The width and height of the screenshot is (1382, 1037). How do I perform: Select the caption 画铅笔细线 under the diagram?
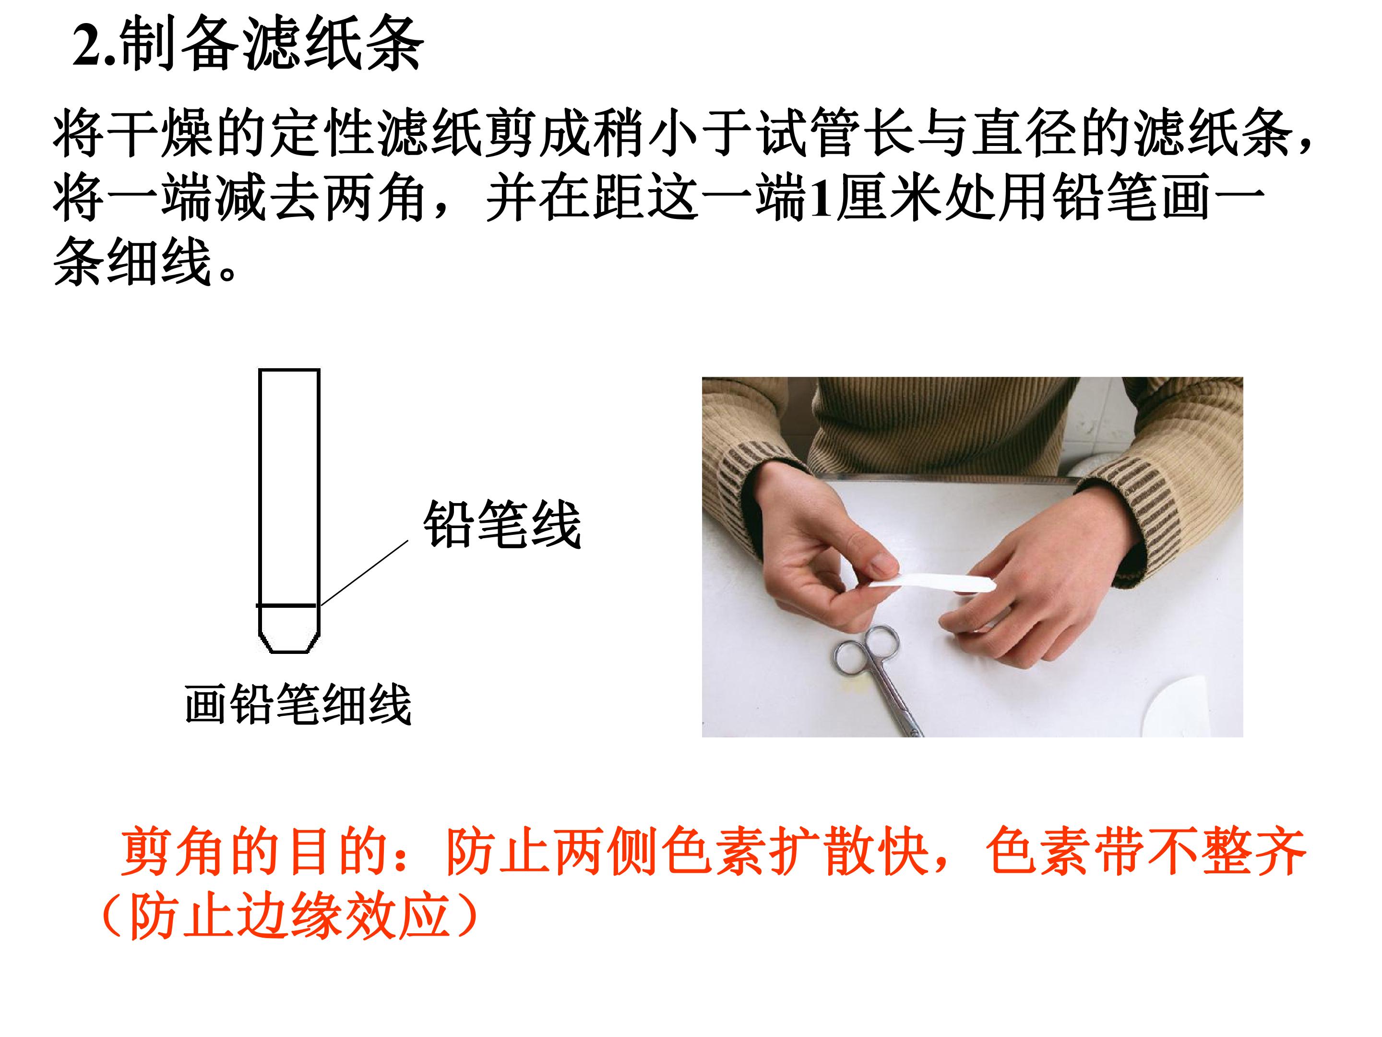click(x=298, y=704)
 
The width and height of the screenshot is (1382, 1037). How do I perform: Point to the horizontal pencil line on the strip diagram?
click(x=287, y=605)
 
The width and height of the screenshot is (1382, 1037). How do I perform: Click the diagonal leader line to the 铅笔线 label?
click(x=364, y=573)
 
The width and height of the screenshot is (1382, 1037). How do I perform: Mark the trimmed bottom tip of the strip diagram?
click(x=289, y=652)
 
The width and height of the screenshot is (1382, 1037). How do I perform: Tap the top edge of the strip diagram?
click(x=289, y=370)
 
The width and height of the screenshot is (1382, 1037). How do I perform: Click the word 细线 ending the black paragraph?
click(x=160, y=263)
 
